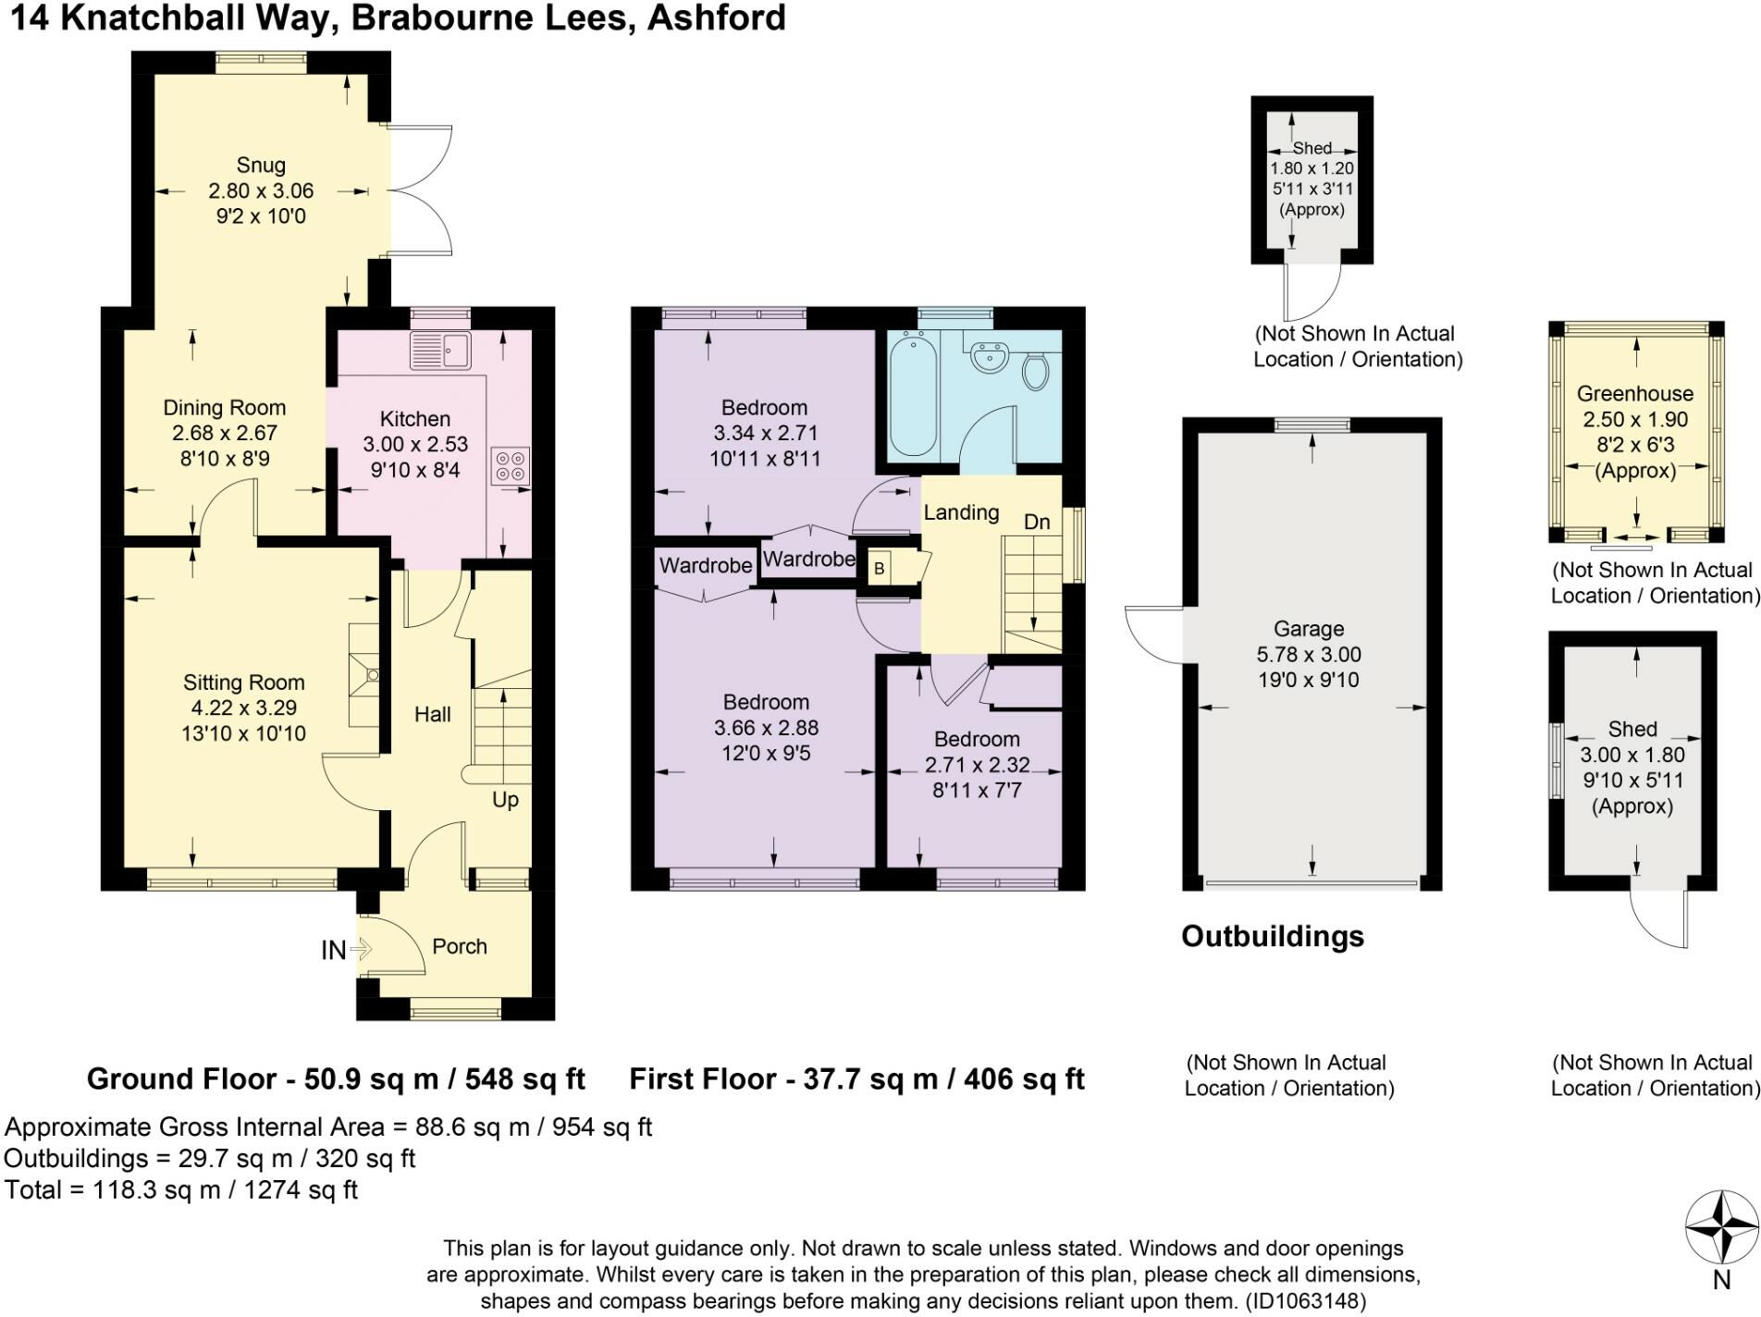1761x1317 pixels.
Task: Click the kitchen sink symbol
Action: click(x=441, y=351)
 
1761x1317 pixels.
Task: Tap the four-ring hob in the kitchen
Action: click(x=511, y=466)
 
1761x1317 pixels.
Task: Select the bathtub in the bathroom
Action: click(x=913, y=395)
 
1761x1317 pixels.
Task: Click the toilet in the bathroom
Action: click(x=1036, y=370)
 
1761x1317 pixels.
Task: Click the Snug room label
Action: click(x=261, y=166)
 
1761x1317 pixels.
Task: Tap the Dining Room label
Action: click(x=224, y=408)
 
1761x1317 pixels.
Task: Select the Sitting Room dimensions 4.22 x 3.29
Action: click(x=243, y=708)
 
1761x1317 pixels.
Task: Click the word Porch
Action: click(x=460, y=946)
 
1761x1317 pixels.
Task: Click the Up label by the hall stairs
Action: click(x=505, y=800)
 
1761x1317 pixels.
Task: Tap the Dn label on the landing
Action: click(x=1037, y=522)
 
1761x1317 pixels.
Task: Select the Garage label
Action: click(x=1308, y=629)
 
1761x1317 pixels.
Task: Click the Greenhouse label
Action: click(x=1635, y=394)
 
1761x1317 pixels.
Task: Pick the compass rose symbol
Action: click(x=1720, y=1227)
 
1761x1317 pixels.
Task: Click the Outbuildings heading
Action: click(x=1273, y=936)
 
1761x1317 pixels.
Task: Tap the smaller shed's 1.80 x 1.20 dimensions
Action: click(x=1312, y=168)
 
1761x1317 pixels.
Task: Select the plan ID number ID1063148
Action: click(x=1305, y=1301)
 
